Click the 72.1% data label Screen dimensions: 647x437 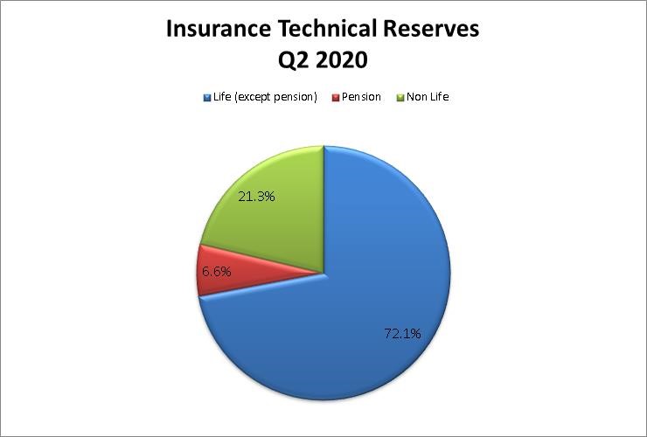tap(402, 333)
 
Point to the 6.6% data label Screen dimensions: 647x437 tap(216, 272)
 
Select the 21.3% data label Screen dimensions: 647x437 tap(256, 197)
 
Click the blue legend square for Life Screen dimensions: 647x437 tap(207, 98)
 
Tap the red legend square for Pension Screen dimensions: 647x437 tap(336, 98)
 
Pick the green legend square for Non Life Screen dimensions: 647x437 tap(400, 98)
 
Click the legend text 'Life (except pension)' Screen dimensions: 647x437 tap(265, 97)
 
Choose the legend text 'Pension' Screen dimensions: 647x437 tap(361, 97)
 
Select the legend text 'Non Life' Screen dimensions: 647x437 tap(428, 97)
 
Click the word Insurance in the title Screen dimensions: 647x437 tap(219, 29)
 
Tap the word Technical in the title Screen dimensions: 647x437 tap(327, 29)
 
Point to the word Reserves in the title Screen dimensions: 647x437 tap(431, 29)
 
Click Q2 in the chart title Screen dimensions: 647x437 tap(294, 60)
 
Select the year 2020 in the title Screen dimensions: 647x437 tap(342, 60)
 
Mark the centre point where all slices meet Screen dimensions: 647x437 tap(323, 273)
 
